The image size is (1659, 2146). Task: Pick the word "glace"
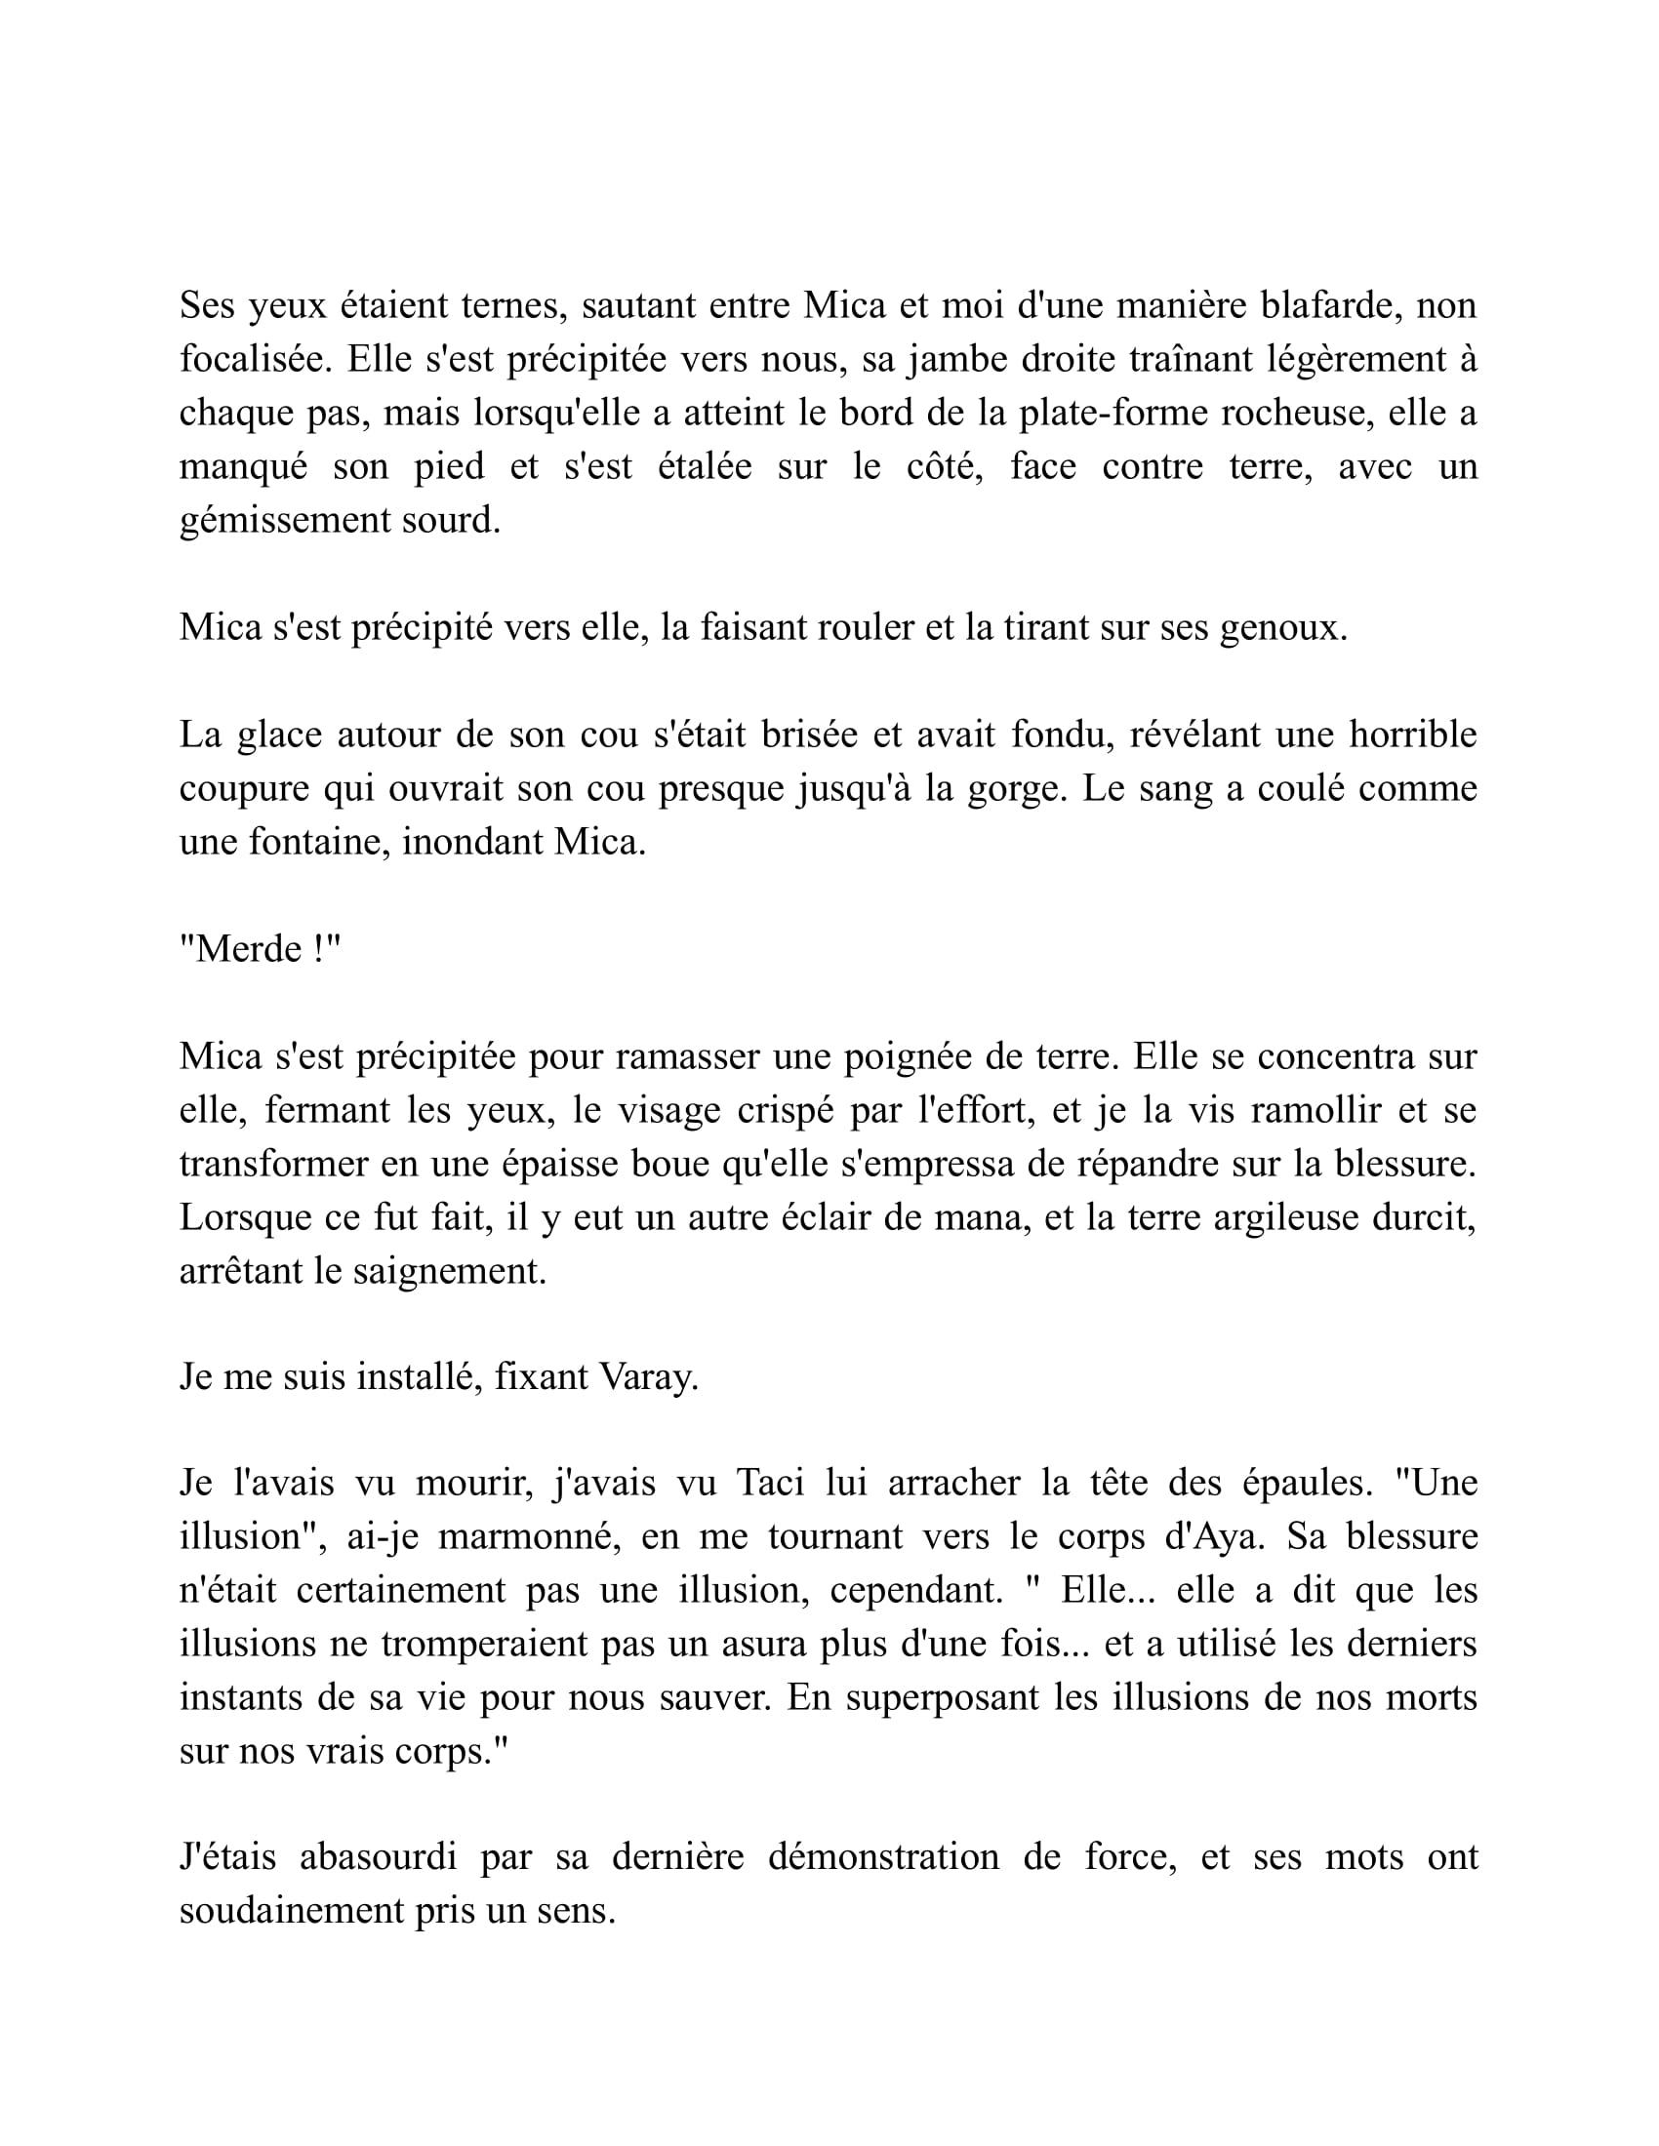point(279,734)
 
